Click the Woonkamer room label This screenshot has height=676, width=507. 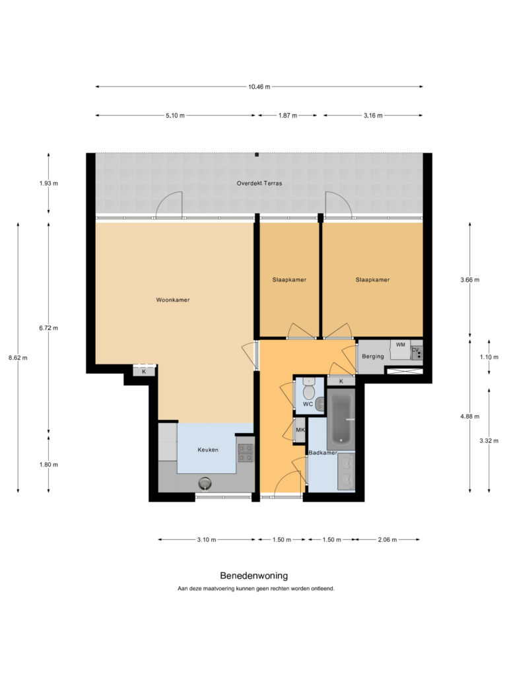173,300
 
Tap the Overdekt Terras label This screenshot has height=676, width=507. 259,184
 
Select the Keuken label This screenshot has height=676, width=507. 208,450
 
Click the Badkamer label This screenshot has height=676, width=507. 323,453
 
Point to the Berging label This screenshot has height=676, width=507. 373,356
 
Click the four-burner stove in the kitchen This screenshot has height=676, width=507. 245,453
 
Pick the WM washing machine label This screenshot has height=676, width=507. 401,345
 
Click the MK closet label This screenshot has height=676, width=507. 300,430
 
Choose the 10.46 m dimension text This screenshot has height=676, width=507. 259,86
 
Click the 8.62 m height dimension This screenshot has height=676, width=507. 18,357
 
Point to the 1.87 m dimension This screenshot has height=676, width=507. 288,116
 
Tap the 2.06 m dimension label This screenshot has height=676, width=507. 387,539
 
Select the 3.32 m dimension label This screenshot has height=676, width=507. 489,440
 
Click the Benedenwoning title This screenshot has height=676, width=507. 254,576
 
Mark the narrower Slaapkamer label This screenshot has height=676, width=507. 289,280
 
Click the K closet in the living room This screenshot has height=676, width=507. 144,371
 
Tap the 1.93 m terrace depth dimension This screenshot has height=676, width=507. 49,184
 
